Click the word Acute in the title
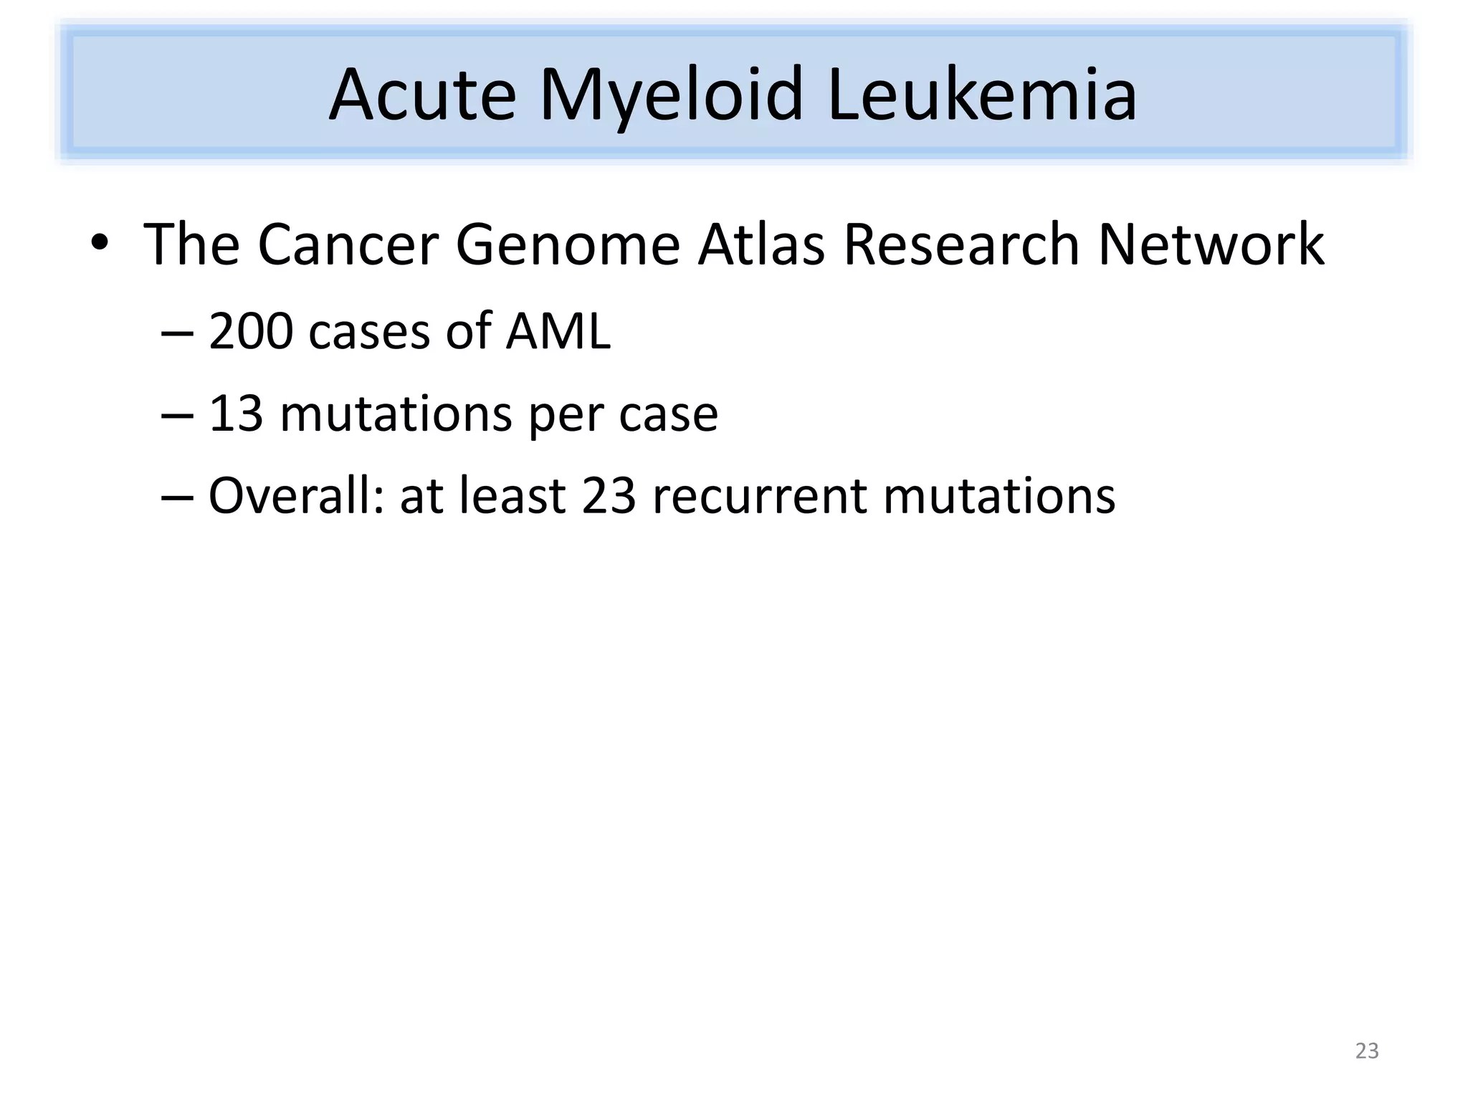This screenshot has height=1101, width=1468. (x=422, y=95)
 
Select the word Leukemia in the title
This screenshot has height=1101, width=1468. (x=981, y=95)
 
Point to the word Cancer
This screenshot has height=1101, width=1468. (x=348, y=245)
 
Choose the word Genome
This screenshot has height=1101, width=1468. (x=567, y=245)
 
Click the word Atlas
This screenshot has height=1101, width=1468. (x=761, y=245)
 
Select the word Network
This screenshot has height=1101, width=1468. (x=1211, y=245)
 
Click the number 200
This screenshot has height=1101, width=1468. (x=251, y=332)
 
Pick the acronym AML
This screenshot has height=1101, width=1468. (x=558, y=332)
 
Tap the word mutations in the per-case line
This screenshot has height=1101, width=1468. (x=396, y=414)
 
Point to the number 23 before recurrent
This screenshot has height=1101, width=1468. (x=609, y=496)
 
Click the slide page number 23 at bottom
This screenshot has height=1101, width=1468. (x=1367, y=1051)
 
